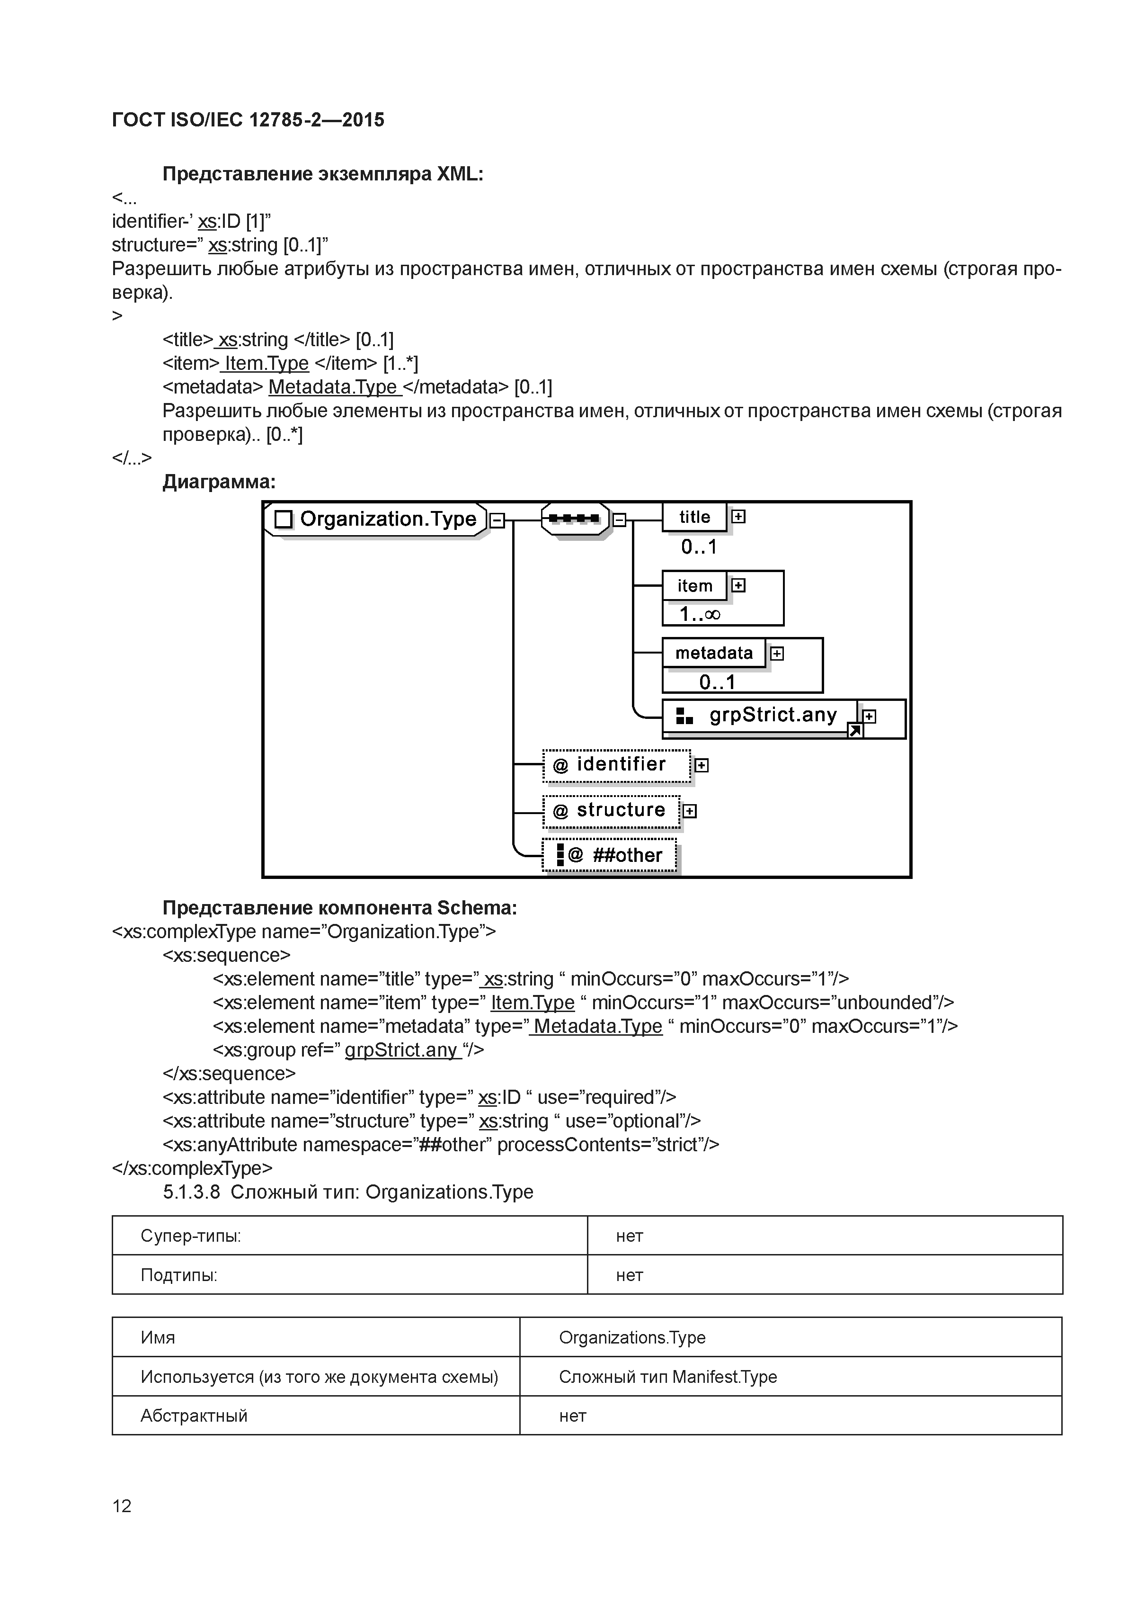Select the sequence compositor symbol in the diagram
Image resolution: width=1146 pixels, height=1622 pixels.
click(575, 519)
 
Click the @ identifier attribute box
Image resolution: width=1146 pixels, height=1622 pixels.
click(616, 765)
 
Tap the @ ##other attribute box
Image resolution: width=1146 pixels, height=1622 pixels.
click(609, 855)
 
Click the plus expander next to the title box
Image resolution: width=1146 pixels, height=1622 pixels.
click(738, 516)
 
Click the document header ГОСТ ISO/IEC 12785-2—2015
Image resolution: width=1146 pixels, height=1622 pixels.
click(248, 120)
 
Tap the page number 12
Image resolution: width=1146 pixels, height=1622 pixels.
click(122, 1506)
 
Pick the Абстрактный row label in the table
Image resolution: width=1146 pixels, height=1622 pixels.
click(194, 1416)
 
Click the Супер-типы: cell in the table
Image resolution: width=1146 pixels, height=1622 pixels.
click(191, 1236)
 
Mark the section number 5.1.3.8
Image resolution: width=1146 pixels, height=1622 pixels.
click(191, 1192)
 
